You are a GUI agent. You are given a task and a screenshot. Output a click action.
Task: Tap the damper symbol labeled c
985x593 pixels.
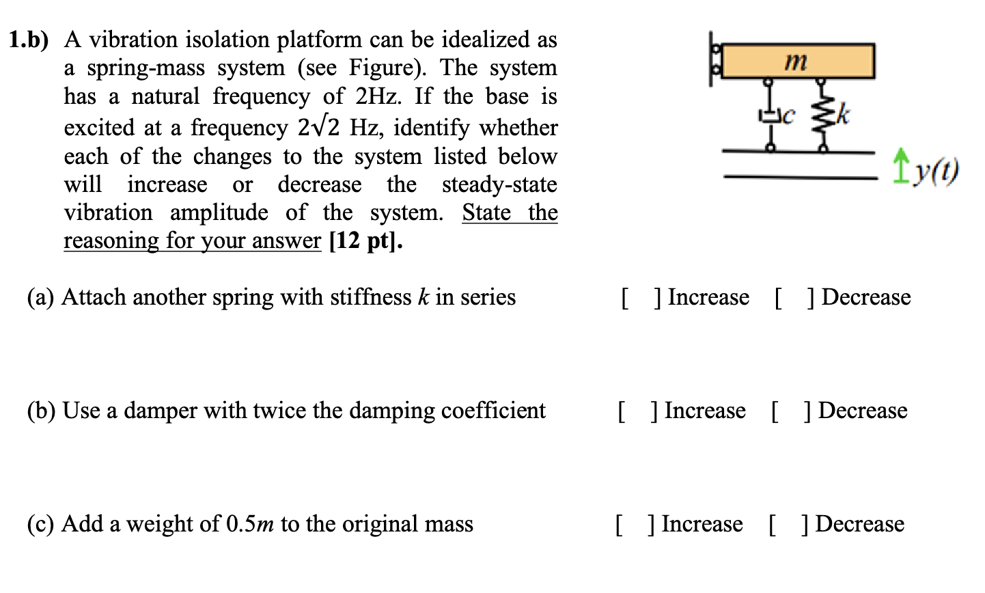click(770, 116)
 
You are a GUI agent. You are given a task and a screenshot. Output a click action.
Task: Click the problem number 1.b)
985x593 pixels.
click(29, 40)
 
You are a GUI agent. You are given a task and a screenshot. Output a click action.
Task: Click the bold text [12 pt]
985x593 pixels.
click(365, 241)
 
